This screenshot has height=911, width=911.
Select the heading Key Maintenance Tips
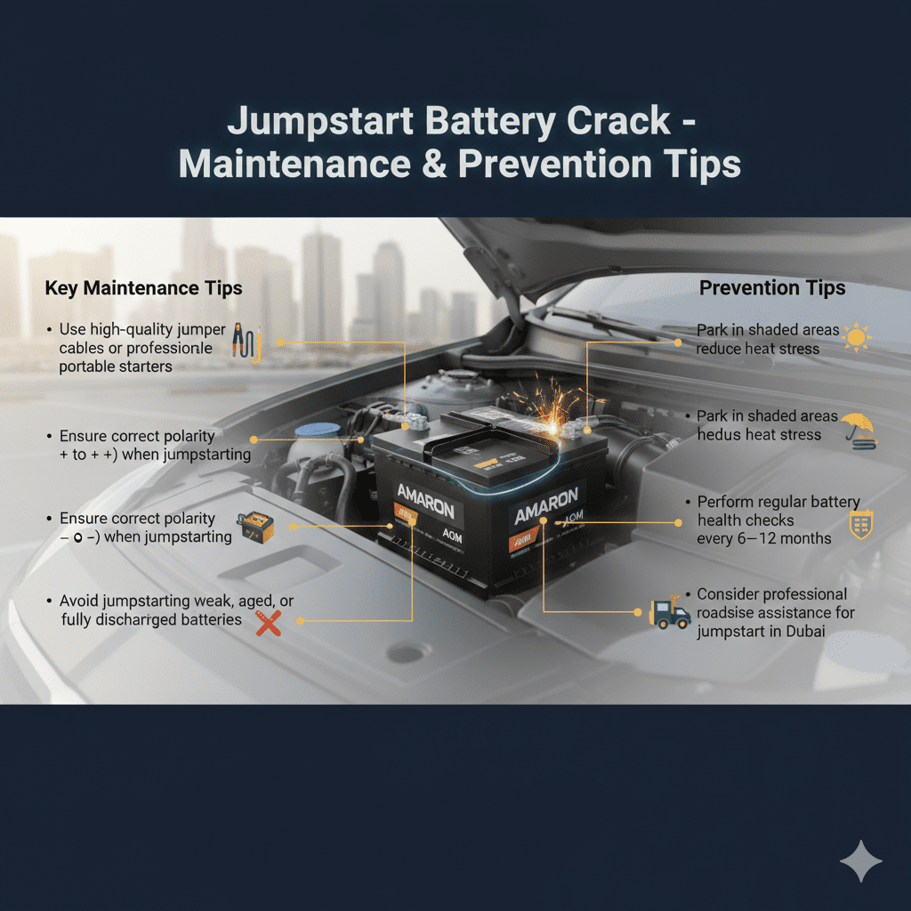(x=143, y=288)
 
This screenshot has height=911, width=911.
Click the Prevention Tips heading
(x=772, y=288)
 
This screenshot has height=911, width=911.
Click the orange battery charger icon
(x=252, y=528)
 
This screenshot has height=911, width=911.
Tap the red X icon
(x=268, y=623)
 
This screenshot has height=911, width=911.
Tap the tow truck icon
(x=671, y=614)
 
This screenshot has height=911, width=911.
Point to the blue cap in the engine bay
(x=313, y=431)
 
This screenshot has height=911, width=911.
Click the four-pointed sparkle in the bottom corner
(x=860, y=862)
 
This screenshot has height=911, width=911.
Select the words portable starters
(x=115, y=367)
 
